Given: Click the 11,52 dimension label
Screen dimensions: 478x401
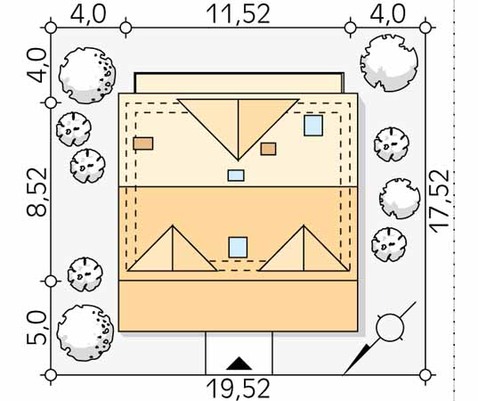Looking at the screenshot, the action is point(238,13).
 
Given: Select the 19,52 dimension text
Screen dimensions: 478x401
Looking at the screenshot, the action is point(238,389).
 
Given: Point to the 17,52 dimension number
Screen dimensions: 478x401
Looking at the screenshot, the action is point(440,201).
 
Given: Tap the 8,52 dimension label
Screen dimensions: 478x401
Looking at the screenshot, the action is point(37,192).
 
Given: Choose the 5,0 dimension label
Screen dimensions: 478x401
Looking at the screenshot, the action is point(36,328).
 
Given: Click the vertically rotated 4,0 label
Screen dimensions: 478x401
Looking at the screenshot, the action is point(37,66).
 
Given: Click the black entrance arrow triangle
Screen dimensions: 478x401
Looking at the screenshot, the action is point(239,364).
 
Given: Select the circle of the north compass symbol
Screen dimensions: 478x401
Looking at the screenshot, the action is point(390,327).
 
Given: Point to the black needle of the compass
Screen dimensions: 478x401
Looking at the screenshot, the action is point(357,359).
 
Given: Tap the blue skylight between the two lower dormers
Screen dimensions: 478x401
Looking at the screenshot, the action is point(238,247).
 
